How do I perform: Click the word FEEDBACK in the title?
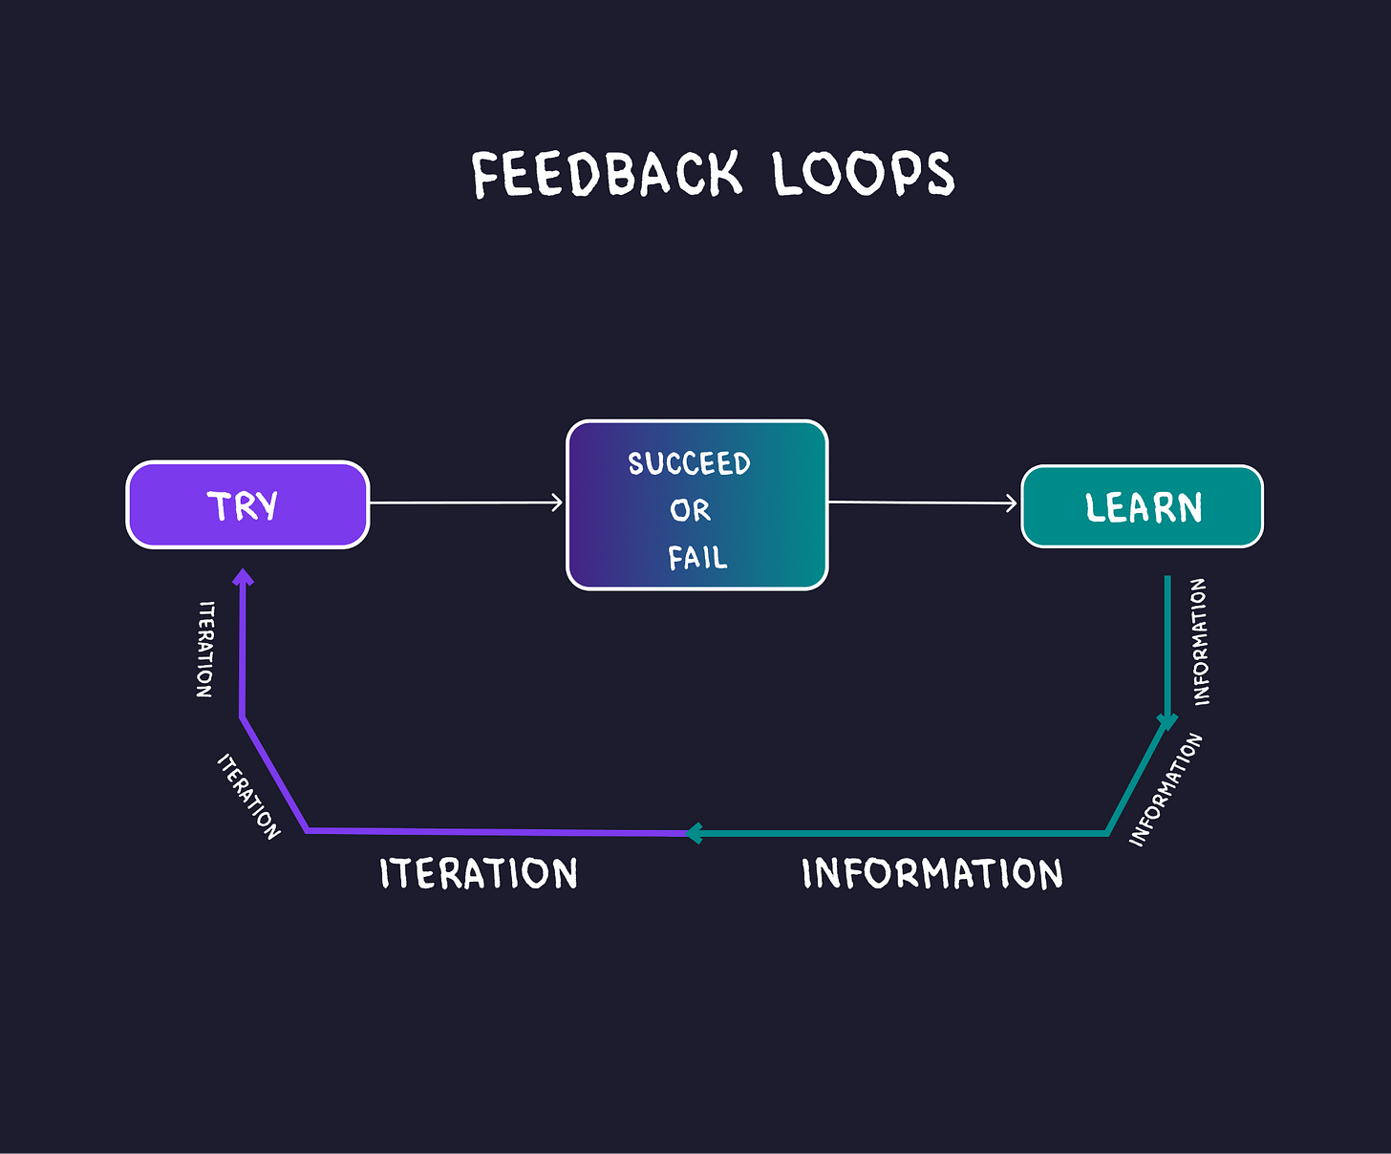click(x=607, y=174)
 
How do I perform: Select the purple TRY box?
click(x=247, y=504)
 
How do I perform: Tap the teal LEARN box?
click(x=1142, y=506)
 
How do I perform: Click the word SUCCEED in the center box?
click(x=689, y=463)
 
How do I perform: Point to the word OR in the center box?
click(x=690, y=510)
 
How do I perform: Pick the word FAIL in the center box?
click(x=697, y=558)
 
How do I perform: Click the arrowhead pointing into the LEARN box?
click(x=1012, y=503)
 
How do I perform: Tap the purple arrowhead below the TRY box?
click(x=244, y=577)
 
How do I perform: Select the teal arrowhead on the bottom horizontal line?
click(x=695, y=833)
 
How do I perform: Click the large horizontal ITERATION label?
click(x=479, y=873)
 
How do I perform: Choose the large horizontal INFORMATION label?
click(x=932, y=873)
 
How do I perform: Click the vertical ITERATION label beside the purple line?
click(x=205, y=650)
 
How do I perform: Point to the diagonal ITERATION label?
click(x=248, y=796)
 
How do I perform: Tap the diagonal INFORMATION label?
click(x=1166, y=789)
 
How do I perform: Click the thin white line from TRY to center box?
click(x=466, y=503)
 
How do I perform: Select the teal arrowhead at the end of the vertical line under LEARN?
click(x=1167, y=722)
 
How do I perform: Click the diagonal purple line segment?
click(x=274, y=775)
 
